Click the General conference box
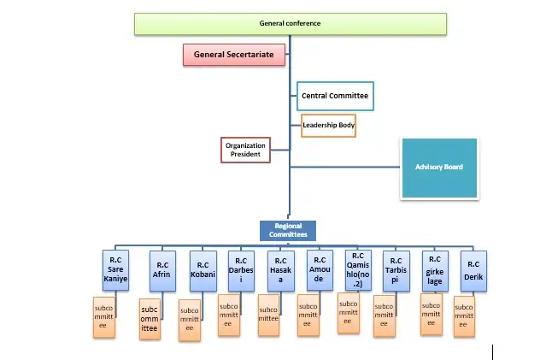(290, 23)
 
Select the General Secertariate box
(232, 55)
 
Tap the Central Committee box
(335, 96)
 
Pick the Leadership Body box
(328, 127)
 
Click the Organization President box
(245, 150)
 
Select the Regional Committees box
(289, 230)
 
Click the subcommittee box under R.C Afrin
(150, 319)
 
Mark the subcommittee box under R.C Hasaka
(268, 314)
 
